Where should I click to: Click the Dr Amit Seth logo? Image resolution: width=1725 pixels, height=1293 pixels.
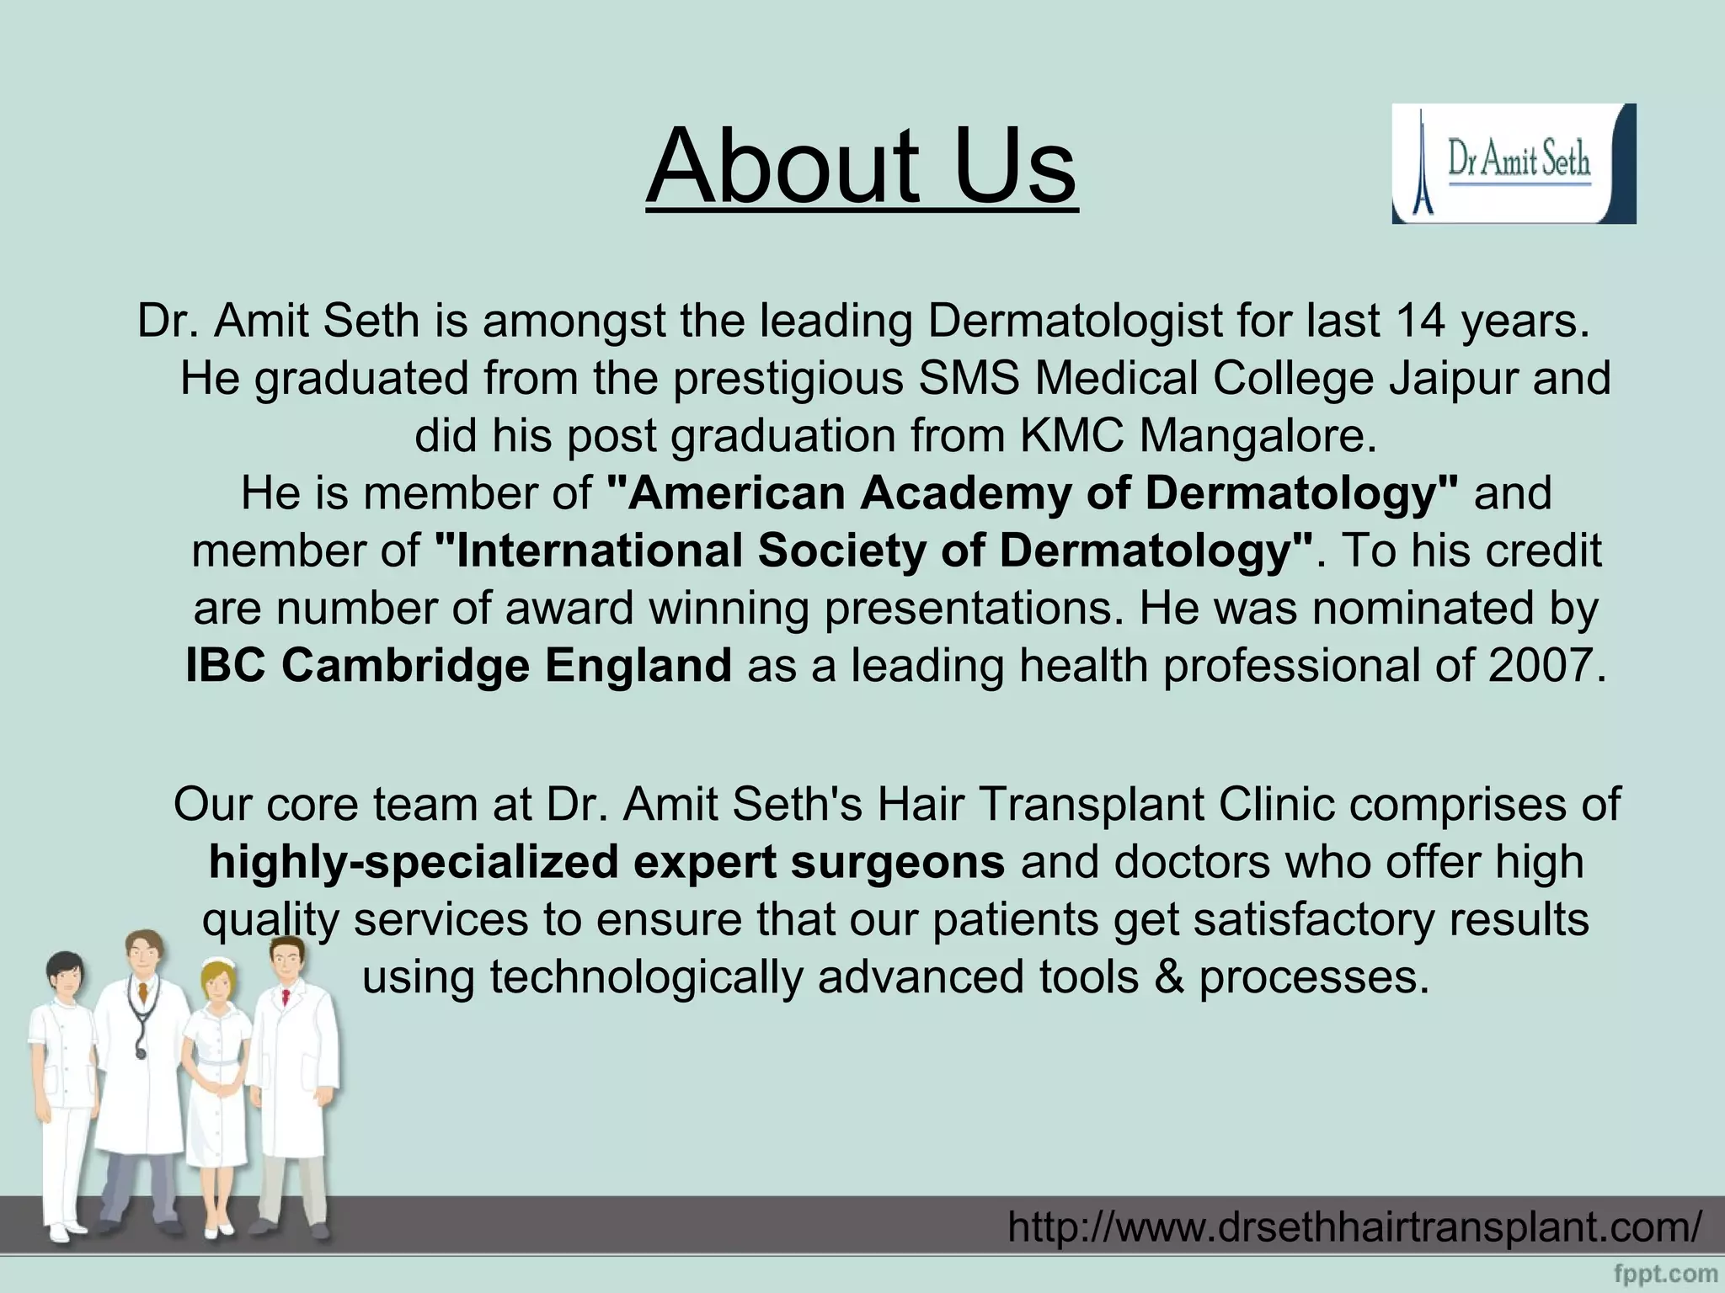point(1513,163)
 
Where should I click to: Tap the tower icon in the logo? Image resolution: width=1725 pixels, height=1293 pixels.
point(1423,165)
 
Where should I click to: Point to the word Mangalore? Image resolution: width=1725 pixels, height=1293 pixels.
point(1258,436)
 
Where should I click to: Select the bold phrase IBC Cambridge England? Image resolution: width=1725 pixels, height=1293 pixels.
point(459,665)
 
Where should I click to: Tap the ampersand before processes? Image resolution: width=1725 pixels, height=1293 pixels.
point(1169,977)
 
